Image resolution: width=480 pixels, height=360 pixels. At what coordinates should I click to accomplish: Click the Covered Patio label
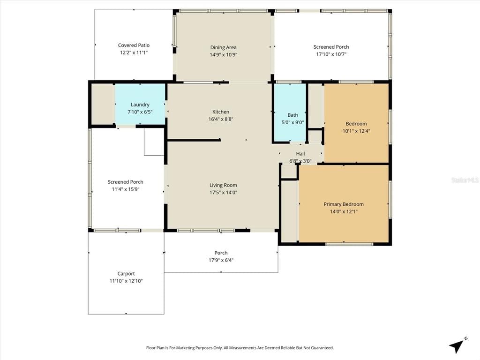[134, 45]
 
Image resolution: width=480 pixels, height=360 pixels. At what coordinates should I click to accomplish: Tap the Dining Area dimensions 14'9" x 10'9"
[224, 55]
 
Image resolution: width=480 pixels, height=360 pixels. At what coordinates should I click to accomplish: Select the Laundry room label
[140, 105]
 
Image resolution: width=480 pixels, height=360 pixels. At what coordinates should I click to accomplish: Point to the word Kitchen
[221, 112]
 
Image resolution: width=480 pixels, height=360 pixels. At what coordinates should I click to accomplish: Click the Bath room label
[292, 115]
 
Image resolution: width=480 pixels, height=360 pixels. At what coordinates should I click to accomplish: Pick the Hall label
[300, 154]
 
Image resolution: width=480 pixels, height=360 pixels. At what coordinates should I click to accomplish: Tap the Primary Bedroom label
[344, 204]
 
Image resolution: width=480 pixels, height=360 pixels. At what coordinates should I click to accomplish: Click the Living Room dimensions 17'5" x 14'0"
[223, 193]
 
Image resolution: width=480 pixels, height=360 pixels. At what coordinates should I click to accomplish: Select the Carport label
[126, 274]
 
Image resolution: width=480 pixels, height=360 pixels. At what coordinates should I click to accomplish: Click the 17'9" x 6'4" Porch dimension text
[221, 260]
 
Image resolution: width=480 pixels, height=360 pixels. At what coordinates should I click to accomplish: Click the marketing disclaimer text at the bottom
[240, 348]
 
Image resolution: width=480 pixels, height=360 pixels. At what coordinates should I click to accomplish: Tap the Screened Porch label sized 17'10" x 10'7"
[331, 47]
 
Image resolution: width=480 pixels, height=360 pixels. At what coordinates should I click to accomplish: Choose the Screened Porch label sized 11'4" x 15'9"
[126, 182]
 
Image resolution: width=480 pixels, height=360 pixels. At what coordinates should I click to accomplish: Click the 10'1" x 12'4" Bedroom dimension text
[356, 131]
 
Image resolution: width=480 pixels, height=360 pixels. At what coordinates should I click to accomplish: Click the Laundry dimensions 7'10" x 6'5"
[140, 112]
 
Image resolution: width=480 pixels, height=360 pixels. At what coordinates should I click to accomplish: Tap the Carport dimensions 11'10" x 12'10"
[126, 281]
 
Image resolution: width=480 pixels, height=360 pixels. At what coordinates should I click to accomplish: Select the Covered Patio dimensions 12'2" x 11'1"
[134, 52]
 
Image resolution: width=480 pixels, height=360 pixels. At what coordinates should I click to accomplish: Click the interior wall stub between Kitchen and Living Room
[194, 140]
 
